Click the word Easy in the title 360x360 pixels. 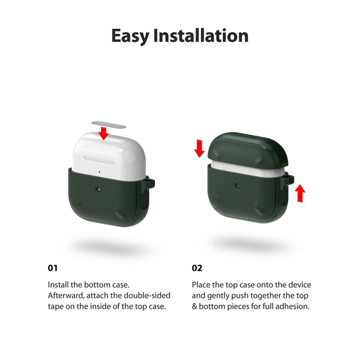click(130, 36)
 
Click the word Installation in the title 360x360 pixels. click(201, 36)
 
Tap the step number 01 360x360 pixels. click(53, 268)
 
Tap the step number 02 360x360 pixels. click(197, 268)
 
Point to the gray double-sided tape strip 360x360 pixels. click(109, 124)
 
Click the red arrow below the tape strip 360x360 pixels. click(104, 134)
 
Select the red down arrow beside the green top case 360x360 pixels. click(199, 149)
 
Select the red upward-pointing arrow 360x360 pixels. click(300, 193)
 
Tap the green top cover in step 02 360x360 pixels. click(248, 150)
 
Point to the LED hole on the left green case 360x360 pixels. click(99, 189)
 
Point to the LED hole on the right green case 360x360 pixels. click(238, 185)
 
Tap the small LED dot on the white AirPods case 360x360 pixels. click(99, 172)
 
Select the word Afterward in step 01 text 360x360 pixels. click(66, 296)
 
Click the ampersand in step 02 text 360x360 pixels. click(194, 306)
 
